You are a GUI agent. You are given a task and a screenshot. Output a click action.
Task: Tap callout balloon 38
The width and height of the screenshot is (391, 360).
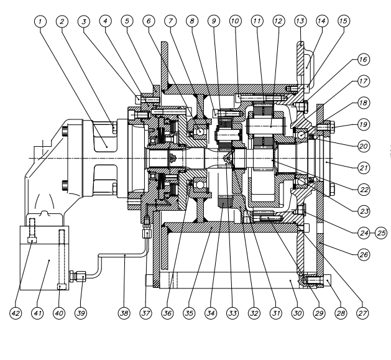(x=124, y=313)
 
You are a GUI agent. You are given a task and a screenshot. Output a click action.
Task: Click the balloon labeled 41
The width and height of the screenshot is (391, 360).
(x=40, y=313)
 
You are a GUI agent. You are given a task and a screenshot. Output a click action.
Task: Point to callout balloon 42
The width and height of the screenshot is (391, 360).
(x=19, y=313)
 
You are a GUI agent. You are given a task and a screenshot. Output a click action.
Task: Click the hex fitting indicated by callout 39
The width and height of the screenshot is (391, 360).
(x=73, y=274)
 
